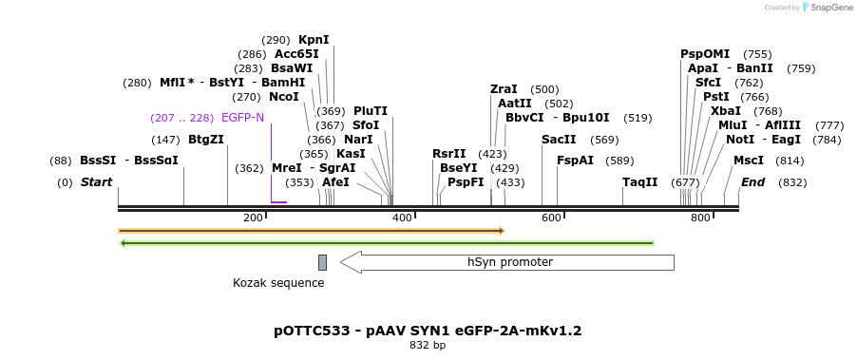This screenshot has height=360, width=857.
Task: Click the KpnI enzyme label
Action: (314, 40)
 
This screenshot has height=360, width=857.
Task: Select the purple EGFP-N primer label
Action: (242, 118)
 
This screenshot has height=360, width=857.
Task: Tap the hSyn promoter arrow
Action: (507, 262)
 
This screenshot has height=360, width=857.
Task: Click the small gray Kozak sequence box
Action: (322, 262)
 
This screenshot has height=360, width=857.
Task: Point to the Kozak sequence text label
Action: (278, 283)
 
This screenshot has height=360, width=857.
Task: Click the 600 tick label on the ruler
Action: (551, 218)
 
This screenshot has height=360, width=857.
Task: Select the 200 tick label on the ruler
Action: (253, 218)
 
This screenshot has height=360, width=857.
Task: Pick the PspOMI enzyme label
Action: (705, 54)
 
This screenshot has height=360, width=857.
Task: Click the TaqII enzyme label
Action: (639, 182)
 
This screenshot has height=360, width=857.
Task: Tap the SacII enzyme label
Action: (559, 140)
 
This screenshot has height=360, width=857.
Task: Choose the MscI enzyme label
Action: (748, 161)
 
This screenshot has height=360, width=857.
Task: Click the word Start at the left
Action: (96, 182)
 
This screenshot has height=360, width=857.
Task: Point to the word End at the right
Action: (752, 182)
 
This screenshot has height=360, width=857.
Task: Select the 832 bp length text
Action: (428, 346)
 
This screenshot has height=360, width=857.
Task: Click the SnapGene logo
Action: (827, 8)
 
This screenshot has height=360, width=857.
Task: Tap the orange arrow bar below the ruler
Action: (311, 231)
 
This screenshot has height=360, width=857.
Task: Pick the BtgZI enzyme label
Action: (206, 140)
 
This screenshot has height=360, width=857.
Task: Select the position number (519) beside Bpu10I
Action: (638, 118)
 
